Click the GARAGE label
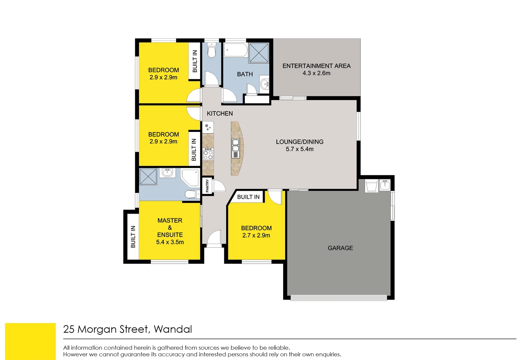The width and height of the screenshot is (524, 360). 340,248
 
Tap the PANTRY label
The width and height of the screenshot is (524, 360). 207,186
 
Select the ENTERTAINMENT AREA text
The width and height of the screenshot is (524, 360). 316,66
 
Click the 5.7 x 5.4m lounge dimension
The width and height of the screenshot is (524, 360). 299,149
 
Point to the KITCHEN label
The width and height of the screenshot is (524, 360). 220,114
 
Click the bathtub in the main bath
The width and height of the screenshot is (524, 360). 235,50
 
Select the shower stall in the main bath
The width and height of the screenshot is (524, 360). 259,53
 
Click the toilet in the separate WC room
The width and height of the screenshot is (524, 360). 212,51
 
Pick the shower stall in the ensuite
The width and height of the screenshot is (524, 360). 148,176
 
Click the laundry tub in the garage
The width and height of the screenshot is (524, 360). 371,186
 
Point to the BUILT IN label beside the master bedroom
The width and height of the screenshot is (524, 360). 133,237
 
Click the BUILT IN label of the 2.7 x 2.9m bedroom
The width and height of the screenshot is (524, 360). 248,197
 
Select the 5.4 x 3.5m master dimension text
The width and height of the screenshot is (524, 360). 170,242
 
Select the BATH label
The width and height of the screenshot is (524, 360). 245,74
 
